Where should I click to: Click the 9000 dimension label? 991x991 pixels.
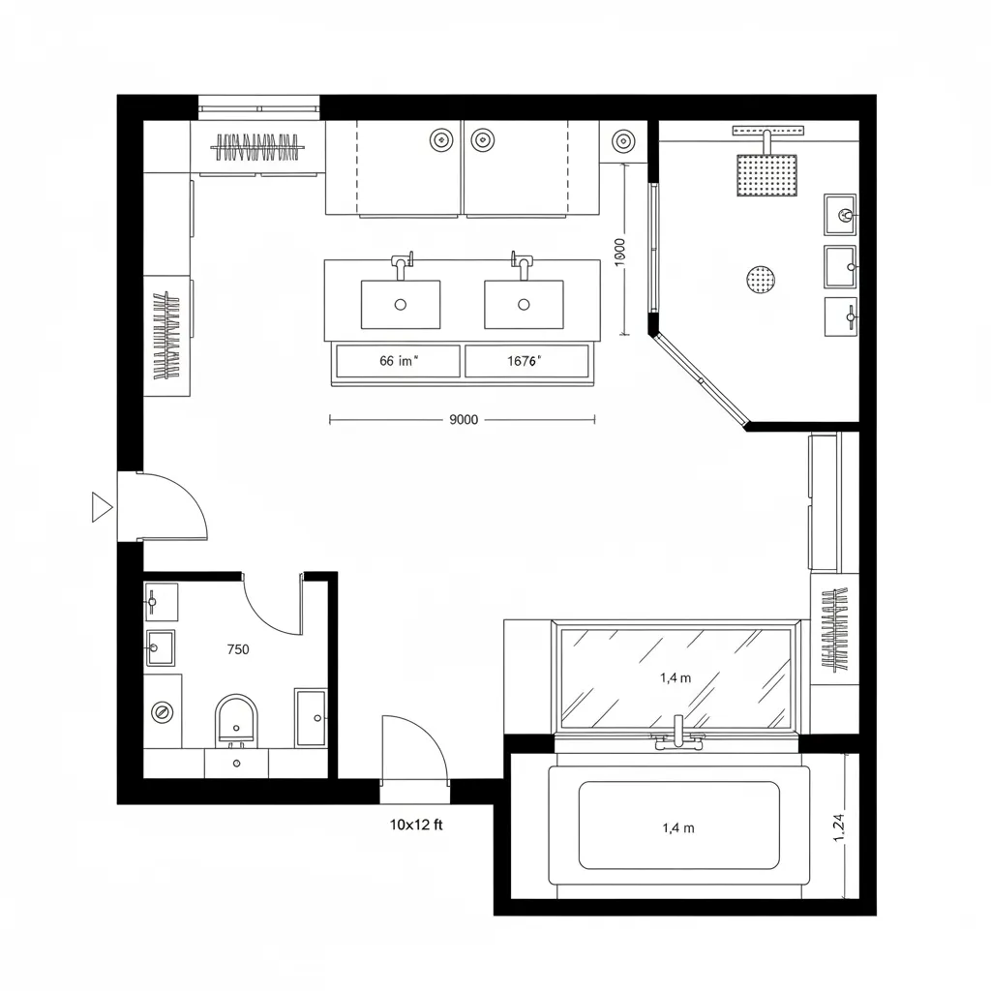[x=465, y=420]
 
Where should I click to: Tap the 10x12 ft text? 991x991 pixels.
[x=416, y=826]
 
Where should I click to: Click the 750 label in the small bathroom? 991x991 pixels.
[x=237, y=649]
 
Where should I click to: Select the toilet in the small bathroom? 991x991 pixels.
[x=237, y=721]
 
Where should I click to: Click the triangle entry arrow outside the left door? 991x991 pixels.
[x=101, y=506]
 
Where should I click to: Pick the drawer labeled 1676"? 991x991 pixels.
[x=526, y=361]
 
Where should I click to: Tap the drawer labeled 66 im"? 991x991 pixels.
[x=398, y=361]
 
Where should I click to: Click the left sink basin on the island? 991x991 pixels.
[x=401, y=304]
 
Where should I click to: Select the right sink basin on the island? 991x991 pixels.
[x=524, y=304]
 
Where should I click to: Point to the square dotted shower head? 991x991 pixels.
[x=766, y=175]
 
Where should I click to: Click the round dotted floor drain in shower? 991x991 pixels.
[x=762, y=280]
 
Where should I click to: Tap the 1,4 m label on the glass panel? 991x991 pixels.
[x=676, y=677]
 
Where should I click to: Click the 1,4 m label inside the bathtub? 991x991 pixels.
[x=677, y=827]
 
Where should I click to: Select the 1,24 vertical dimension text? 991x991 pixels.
[x=838, y=827]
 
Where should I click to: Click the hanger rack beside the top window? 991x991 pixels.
[x=256, y=148]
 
